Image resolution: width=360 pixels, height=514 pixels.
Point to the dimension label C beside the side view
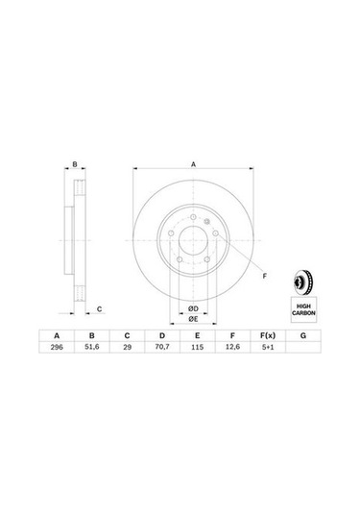coord(99,308)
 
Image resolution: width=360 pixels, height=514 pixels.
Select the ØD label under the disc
coord(192,307)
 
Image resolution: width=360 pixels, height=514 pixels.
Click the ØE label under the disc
coord(192,321)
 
